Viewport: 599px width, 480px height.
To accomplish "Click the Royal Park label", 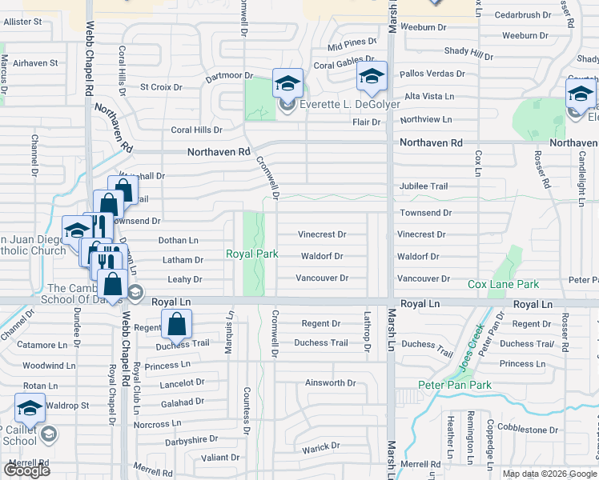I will [252, 254].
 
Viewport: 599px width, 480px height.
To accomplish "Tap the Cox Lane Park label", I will [503, 284].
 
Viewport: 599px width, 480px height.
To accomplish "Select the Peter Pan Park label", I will [455, 385].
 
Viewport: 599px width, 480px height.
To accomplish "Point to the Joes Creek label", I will [470, 346].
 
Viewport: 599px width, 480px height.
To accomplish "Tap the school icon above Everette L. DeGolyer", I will [287, 82].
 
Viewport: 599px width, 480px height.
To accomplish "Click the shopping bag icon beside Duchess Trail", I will [177, 325].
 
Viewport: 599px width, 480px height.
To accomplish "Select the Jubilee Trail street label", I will [424, 186].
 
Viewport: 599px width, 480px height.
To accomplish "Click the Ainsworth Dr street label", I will [330, 383].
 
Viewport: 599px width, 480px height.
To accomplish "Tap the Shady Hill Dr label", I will [468, 53].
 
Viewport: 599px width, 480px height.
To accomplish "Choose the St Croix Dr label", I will [161, 86].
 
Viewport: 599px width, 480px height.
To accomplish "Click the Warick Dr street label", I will [321, 446].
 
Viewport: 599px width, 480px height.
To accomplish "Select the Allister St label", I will [22, 22].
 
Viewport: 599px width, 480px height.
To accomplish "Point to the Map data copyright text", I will [548, 474].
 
